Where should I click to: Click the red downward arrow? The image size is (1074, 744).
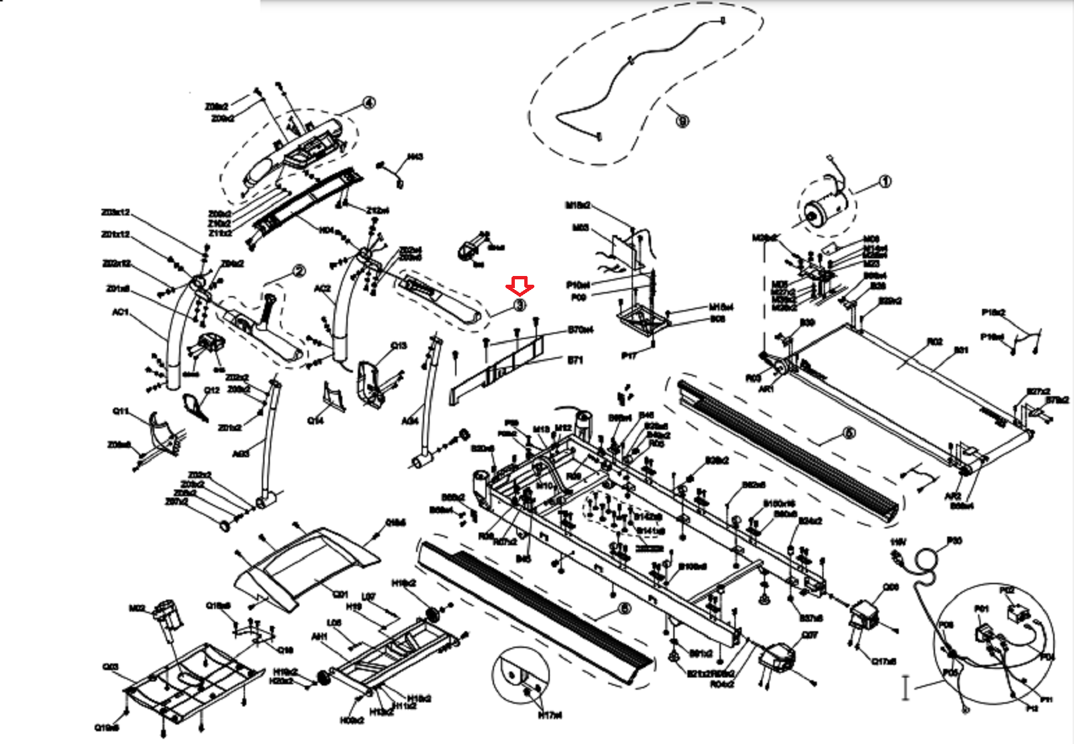click(x=520, y=287)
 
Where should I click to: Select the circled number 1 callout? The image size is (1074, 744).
click(x=885, y=182)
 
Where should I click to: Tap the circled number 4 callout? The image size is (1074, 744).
click(x=368, y=103)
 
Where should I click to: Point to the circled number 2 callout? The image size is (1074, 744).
click(x=299, y=271)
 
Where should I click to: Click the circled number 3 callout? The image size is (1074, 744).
click(x=520, y=306)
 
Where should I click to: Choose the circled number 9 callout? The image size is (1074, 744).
click(x=682, y=122)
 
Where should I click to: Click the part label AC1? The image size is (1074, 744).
click(x=120, y=312)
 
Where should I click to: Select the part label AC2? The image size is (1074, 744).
click(x=323, y=289)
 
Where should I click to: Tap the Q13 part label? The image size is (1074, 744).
click(x=399, y=345)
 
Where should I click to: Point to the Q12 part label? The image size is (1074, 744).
click(x=211, y=390)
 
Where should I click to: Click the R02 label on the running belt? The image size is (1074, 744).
click(x=935, y=342)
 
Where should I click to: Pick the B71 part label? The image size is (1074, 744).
click(x=575, y=361)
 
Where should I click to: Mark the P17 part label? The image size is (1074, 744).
click(x=629, y=356)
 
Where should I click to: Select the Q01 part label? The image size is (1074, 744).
click(x=341, y=594)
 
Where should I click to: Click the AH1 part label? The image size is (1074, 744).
click(x=320, y=637)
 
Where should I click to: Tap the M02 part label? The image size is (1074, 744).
click(x=138, y=608)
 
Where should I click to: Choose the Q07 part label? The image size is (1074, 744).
click(x=810, y=635)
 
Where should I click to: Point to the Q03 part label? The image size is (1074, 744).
click(x=111, y=667)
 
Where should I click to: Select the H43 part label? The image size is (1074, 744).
click(x=416, y=157)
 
